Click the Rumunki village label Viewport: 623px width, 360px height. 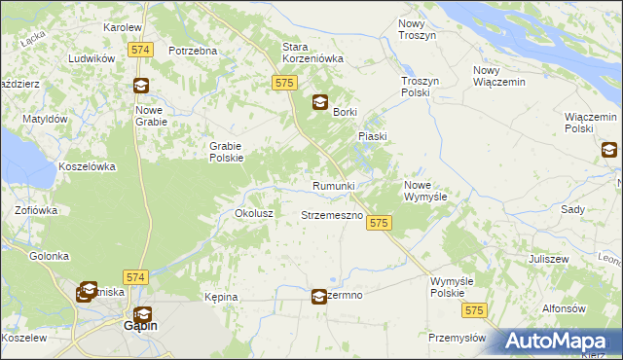pos(333,186)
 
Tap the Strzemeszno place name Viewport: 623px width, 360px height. pos(332,214)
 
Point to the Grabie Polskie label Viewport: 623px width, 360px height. pos(226,152)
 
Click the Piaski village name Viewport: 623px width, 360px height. pos(373,137)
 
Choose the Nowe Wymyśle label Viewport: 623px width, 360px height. pos(424,190)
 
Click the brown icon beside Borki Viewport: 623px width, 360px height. pos(319,102)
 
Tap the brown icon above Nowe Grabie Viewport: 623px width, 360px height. pos(142,86)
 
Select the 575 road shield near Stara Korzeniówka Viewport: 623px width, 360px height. pos(284,84)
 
